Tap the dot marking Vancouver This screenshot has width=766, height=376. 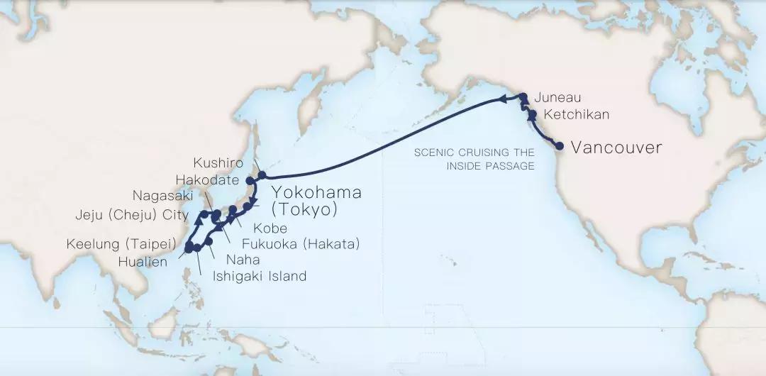(560, 146)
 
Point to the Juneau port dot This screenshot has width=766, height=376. (523, 98)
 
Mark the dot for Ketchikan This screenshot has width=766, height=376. (532, 114)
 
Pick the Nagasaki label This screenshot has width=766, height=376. (167, 195)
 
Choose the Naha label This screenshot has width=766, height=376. (243, 260)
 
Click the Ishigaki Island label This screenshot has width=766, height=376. (260, 277)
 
